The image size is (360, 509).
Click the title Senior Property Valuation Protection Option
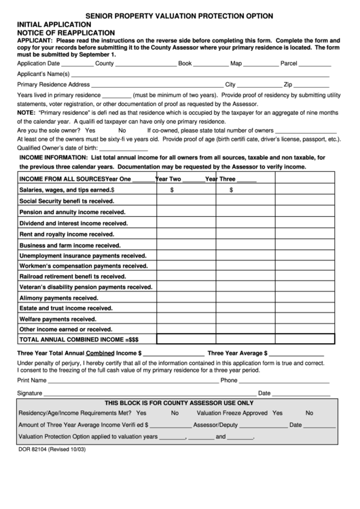tap(179, 15)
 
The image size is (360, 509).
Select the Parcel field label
tap(289, 63)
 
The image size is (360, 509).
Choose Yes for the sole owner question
tap(90, 130)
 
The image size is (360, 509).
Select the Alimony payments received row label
tap(59, 297)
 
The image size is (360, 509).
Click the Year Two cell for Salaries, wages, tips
tap(186, 190)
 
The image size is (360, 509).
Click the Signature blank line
tap(145, 393)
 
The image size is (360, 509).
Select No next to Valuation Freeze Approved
tap(309, 413)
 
